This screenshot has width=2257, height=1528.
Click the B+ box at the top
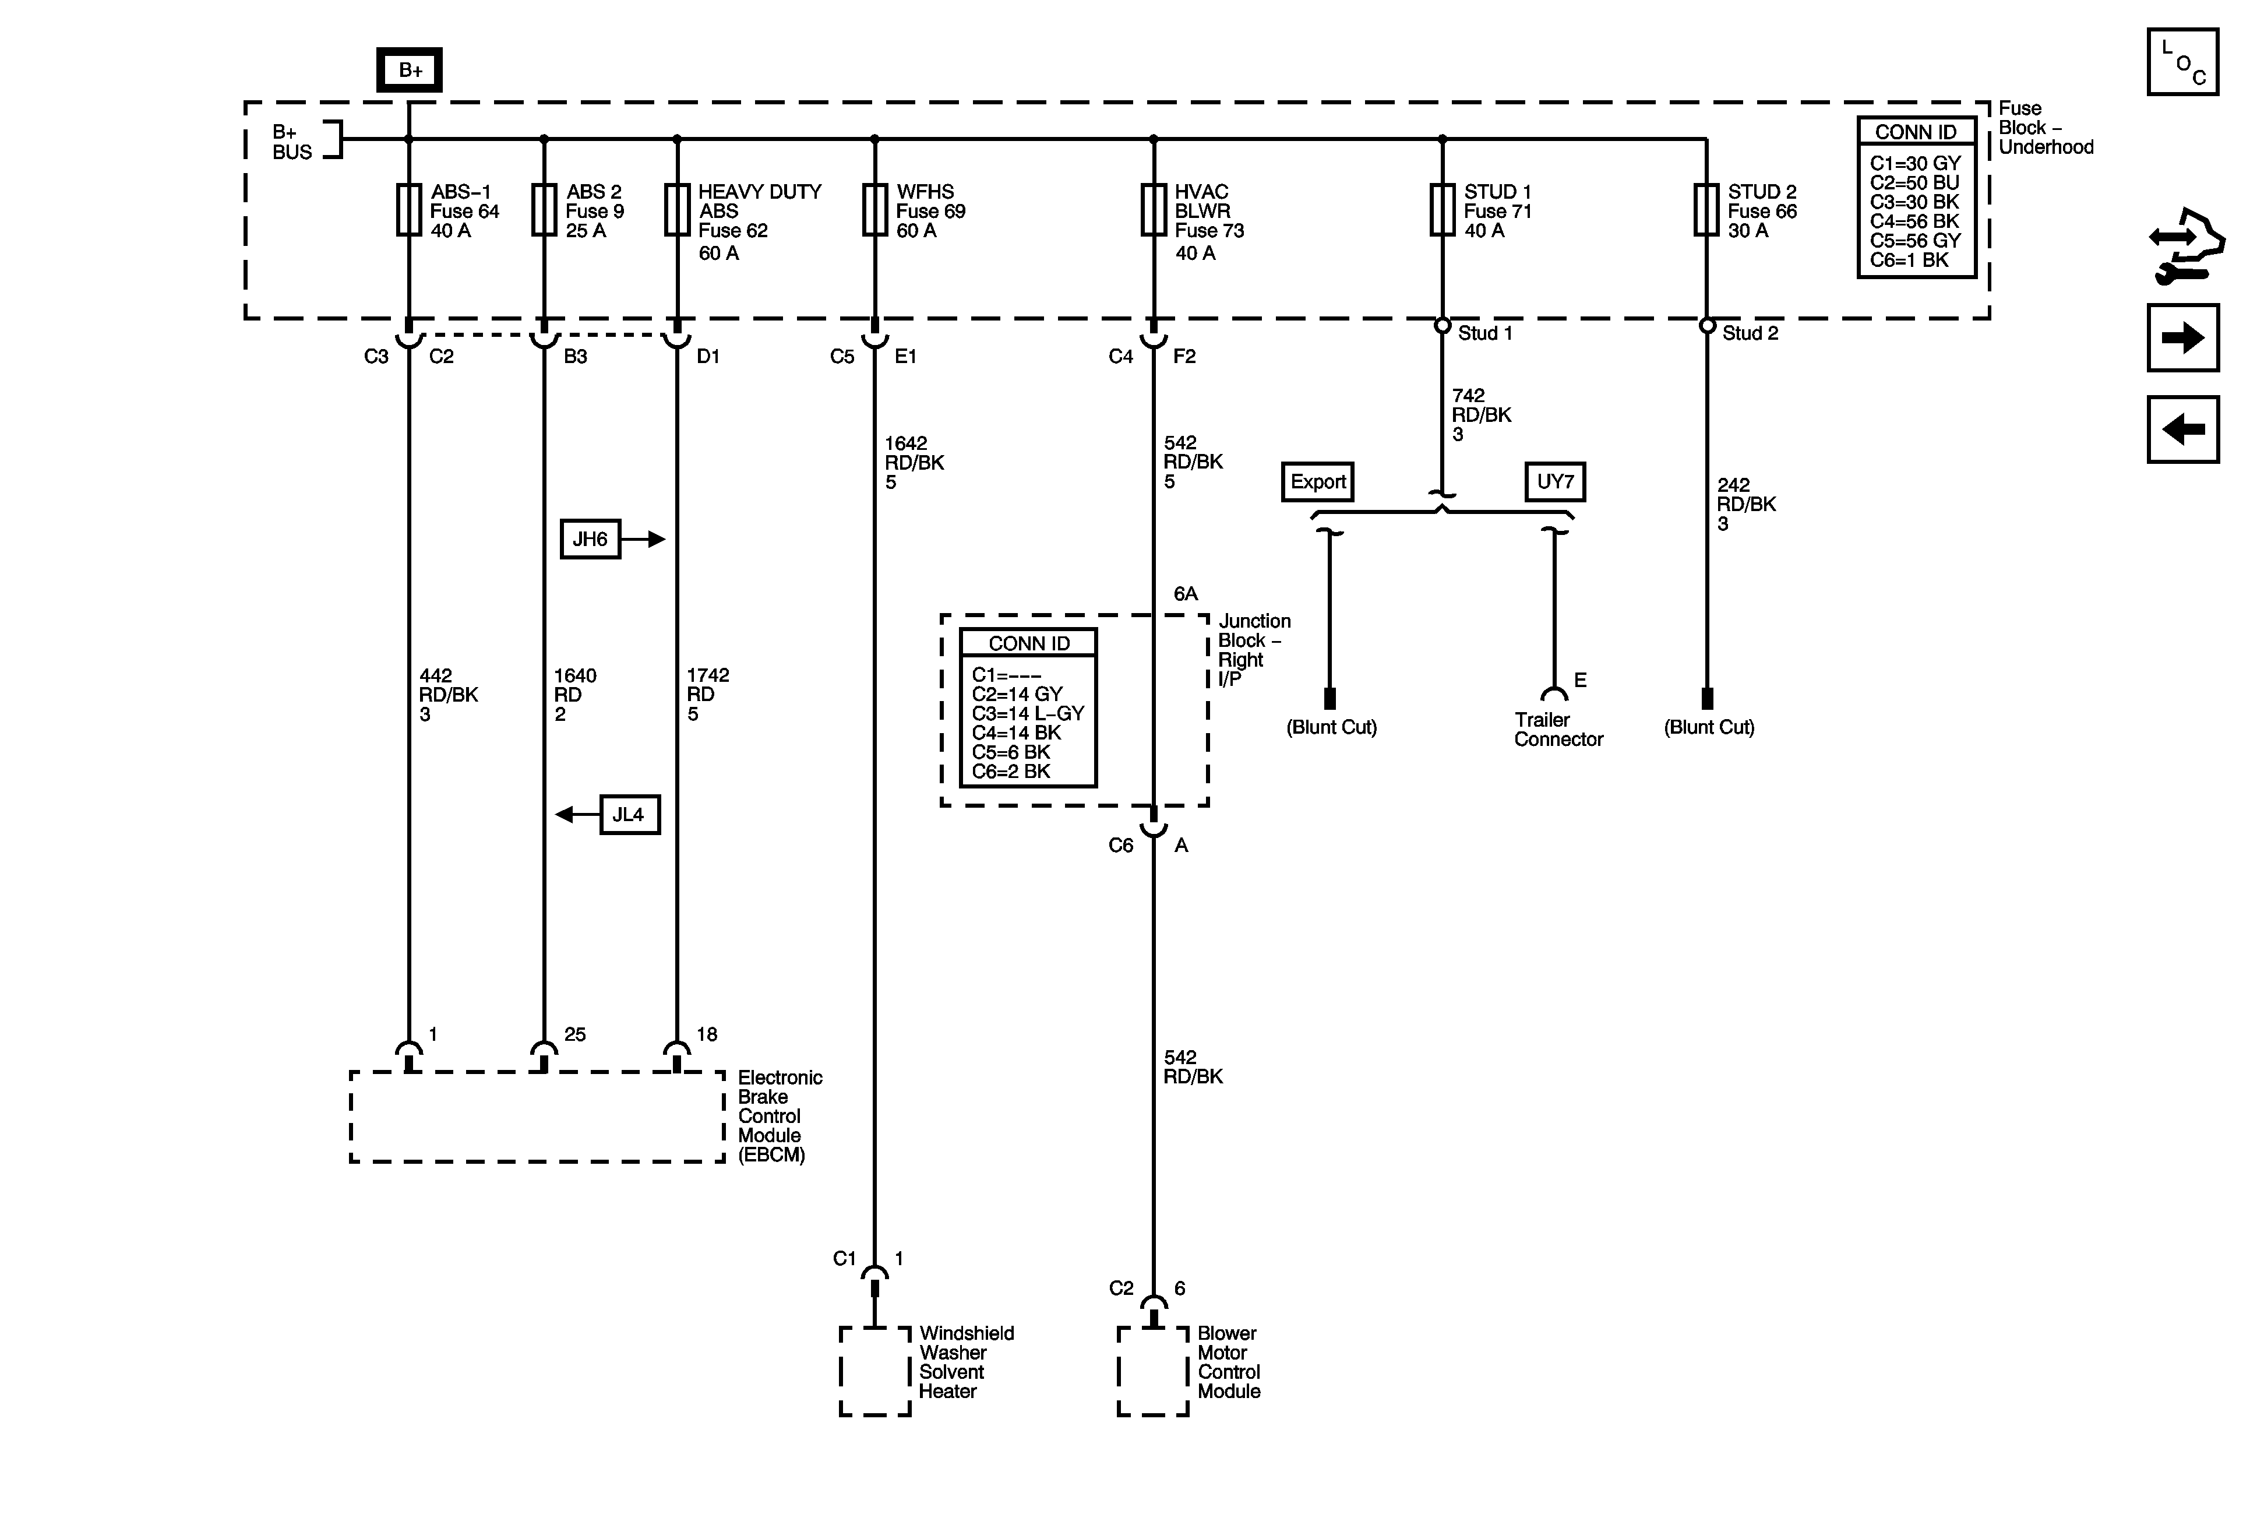click(x=409, y=70)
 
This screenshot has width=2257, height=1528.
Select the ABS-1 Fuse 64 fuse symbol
click(x=409, y=210)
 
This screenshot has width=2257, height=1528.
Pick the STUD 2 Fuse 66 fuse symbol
click(x=1706, y=210)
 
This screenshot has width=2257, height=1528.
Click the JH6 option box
click(x=590, y=539)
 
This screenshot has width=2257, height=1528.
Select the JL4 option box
click(x=629, y=814)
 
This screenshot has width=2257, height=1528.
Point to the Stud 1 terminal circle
click(x=1442, y=325)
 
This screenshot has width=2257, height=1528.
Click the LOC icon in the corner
click(x=2182, y=62)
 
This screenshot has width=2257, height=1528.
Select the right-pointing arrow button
click(x=2182, y=338)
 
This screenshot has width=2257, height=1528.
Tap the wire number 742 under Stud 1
click(x=1468, y=395)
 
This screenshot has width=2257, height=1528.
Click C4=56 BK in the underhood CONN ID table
click(x=1914, y=221)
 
